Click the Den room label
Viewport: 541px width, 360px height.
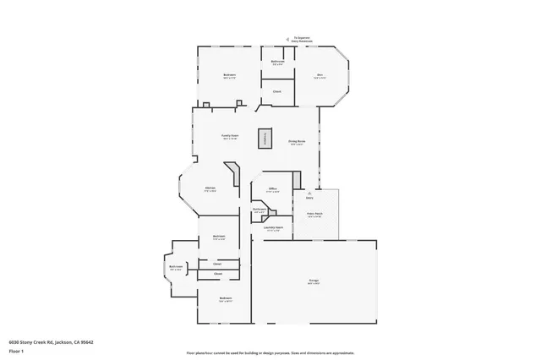point(320,76)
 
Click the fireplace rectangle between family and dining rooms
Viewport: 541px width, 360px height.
point(267,139)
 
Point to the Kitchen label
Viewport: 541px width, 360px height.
point(210,188)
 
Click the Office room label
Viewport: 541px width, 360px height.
point(272,189)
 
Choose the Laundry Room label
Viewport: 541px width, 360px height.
point(272,228)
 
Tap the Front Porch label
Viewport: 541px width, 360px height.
point(315,215)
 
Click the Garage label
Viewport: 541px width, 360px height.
point(314,280)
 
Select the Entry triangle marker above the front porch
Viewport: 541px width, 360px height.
point(320,193)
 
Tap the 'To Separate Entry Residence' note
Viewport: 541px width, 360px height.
point(303,39)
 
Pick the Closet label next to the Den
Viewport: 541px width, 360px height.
point(276,91)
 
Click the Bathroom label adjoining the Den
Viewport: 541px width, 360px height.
point(276,62)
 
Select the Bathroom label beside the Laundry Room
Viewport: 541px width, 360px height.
point(260,210)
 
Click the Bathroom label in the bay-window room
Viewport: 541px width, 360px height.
point(175,268)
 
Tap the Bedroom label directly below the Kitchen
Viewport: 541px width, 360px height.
point(218,237)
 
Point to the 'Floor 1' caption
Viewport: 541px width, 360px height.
point(15,351)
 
